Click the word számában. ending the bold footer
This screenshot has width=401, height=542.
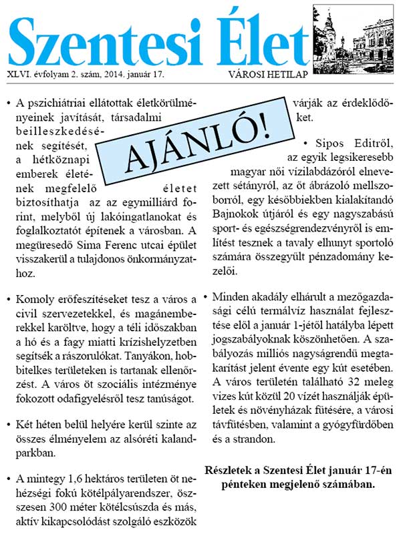(x=338, y=483)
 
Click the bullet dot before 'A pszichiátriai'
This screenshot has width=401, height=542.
(x=9, y=105)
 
